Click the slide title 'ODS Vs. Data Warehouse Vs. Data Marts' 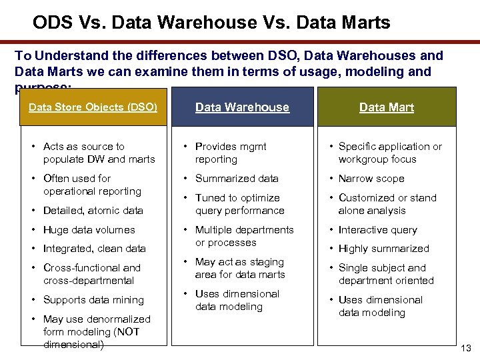point(211,23)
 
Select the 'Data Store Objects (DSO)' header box point(93,107)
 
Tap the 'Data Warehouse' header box point(242,107)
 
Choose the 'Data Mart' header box point(386,107)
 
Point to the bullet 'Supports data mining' point(93,300)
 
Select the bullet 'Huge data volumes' point(89,230)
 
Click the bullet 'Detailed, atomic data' point(93,211)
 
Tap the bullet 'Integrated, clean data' point(94,249)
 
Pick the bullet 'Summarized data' point(237,179)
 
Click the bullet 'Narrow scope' point(371,179)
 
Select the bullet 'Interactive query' point(377,230)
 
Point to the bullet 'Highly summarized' point(383,249)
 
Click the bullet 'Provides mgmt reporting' point(230,153)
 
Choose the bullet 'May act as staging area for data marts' point(239,268)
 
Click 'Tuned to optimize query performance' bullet point(239,204)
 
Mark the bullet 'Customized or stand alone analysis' point(387,204)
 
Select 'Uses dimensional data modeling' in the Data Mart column point(380,306)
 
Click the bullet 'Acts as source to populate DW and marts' point(99,153)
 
